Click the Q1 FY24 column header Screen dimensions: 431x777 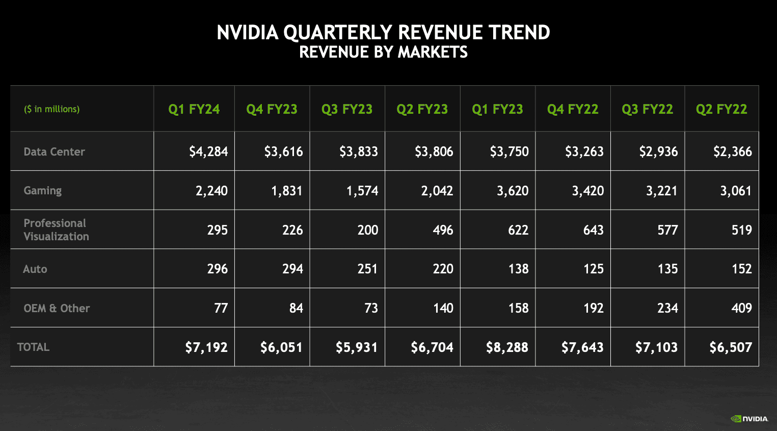pos(194,109)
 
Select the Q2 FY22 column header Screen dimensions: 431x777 pos(721,109)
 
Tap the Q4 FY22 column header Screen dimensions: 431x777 pos(573,109)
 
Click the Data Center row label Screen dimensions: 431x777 pos(54,151)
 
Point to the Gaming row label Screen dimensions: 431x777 pos(43,191)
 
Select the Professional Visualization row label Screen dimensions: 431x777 pos(56,230)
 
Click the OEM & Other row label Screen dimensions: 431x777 pos(57,308)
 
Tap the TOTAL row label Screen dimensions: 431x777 pos(33,347)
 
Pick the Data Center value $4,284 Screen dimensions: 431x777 pos(208,151)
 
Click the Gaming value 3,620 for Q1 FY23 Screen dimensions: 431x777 pos(513,191)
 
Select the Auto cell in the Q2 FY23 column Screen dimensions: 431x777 pos(443,269)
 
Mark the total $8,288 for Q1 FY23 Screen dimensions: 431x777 pos(507,347)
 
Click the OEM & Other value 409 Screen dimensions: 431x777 pos(741,308)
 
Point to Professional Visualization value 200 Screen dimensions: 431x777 pos(367,230)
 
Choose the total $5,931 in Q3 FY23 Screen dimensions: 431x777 pos(357,347)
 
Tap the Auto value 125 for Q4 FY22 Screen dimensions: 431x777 pos(593,269)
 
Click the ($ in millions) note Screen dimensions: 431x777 pos(52,109)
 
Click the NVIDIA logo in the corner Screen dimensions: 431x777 pos(749,419)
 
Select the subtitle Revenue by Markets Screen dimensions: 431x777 pos(383,52)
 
